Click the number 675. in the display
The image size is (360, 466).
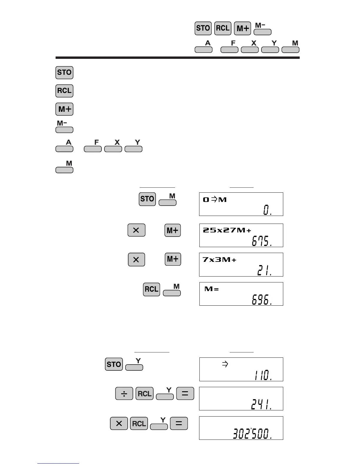click(261, 241)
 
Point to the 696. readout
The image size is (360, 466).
click(261, 300)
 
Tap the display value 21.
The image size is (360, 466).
click(264, 270)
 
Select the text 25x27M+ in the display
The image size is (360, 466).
click(227, 230)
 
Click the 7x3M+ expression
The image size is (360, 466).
click(219, 259)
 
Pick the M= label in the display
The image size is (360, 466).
click(212, 289)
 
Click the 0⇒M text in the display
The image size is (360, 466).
click(215, 199)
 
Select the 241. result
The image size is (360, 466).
click(261, 405)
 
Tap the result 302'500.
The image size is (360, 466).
click(252, 434)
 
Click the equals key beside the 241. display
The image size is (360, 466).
click(185, 394)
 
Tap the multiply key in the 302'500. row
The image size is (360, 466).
click(119, 423)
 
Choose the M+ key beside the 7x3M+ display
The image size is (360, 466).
click(173, 259)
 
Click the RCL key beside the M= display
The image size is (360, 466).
click(151, 289)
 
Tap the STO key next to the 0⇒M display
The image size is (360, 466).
click(147, 199)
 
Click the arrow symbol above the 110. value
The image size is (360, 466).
click(225, 364)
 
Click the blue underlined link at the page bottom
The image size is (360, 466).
click(58, 463)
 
